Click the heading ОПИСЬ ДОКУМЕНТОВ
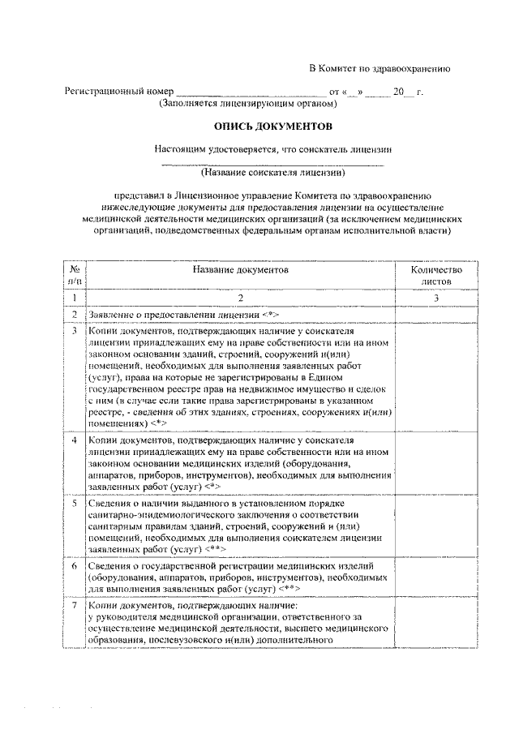(x=273, y=127)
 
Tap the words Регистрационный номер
(x=119, y=92)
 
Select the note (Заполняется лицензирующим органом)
(x=247, y=105)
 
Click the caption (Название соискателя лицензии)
(x=273, y=172)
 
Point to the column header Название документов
(x=240, y=268)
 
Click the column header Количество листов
(x=435, y=275)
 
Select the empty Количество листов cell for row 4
(x=435, y=463)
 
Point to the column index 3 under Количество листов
(x=435, y=298)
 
